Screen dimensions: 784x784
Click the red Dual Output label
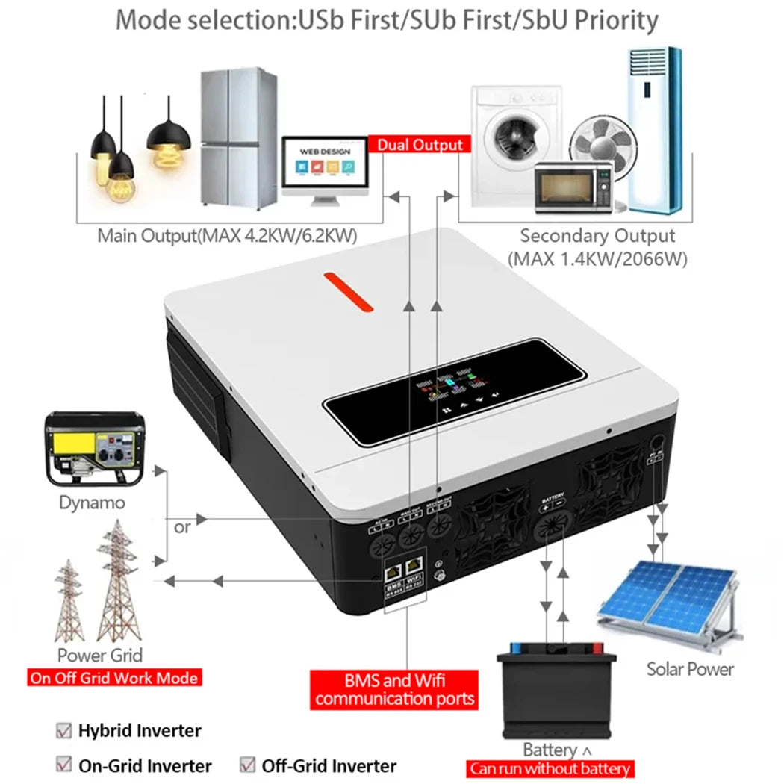point(420,145)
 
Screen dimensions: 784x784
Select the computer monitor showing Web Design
point(325,168)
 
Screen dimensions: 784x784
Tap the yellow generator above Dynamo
point(93,448)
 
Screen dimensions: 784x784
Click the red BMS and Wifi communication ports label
point(395,689)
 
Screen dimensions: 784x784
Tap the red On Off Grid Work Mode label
point(113,678)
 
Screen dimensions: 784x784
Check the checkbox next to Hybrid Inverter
point(64,731)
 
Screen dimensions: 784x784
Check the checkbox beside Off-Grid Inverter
point(248,765)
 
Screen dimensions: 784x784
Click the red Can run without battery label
point(550,768)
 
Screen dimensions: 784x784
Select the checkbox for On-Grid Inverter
point(64,765)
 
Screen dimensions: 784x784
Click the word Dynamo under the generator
point(92,503)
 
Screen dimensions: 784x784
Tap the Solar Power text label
point(690,668)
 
